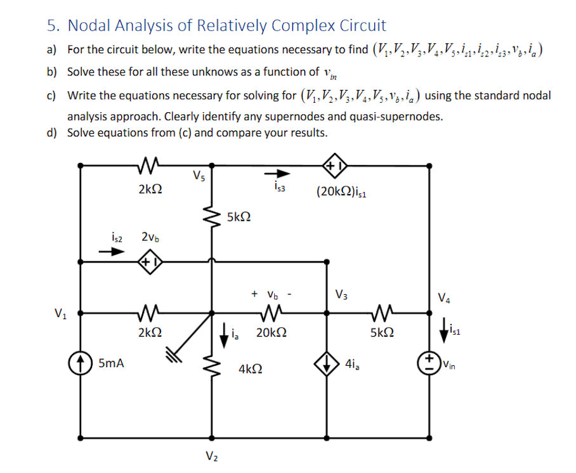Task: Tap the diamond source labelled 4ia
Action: tap(327, 365)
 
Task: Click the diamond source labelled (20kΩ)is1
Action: tap(334, 165)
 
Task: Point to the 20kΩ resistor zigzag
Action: tap(272, 312)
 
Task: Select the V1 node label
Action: tap(60, 312)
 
